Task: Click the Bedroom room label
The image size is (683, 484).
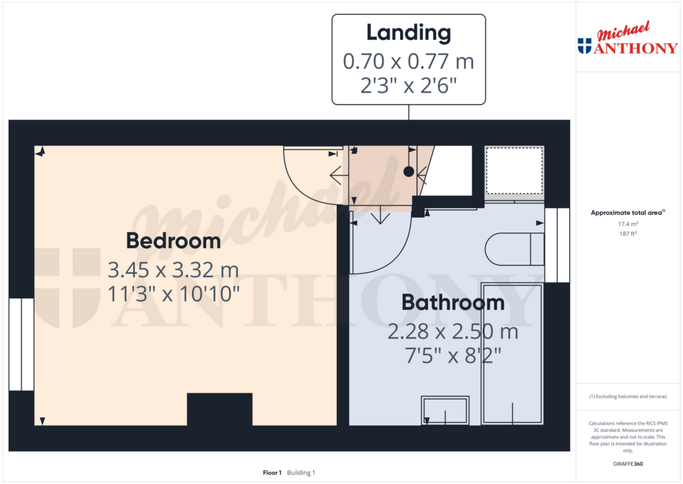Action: (x=173, y=241)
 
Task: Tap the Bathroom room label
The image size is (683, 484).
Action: (x=453, y=302)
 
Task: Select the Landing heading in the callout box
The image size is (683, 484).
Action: (x=409, y=33)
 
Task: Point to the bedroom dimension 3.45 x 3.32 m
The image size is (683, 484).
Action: (x=173, y=270)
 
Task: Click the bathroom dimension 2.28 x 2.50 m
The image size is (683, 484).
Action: (x=453, y=331)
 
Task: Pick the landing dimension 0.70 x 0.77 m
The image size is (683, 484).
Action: (x=409, y=61)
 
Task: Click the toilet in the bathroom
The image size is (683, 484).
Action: (x=514, y=250)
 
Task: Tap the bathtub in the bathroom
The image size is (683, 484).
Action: (x=512, y=354)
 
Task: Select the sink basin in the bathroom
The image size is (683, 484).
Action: (x=445, y=411)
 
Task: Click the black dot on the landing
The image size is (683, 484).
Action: (x=409, y=172)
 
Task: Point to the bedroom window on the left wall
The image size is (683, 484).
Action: (x=21, y=344)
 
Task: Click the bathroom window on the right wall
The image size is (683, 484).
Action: (x=557, y=245)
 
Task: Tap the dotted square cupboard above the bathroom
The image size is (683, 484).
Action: (x=514, y=170)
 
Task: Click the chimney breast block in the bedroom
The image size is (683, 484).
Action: (x=219, y=409)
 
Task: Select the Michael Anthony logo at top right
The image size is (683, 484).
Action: (x=628, y=38)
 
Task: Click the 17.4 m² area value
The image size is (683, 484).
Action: (x=628, y=224)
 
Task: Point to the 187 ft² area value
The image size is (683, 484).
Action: (x=628, y=234)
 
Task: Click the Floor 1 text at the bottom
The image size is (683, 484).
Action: (x=272, y=473)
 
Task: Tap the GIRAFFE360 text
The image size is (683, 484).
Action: (x=628, y=464)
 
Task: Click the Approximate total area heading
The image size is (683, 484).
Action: (x=628, y=213)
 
